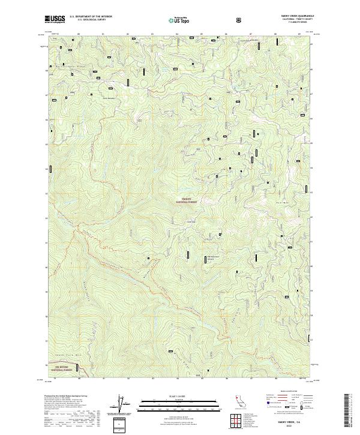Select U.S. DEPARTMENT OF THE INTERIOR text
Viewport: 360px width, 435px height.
[x=86, y=17]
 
